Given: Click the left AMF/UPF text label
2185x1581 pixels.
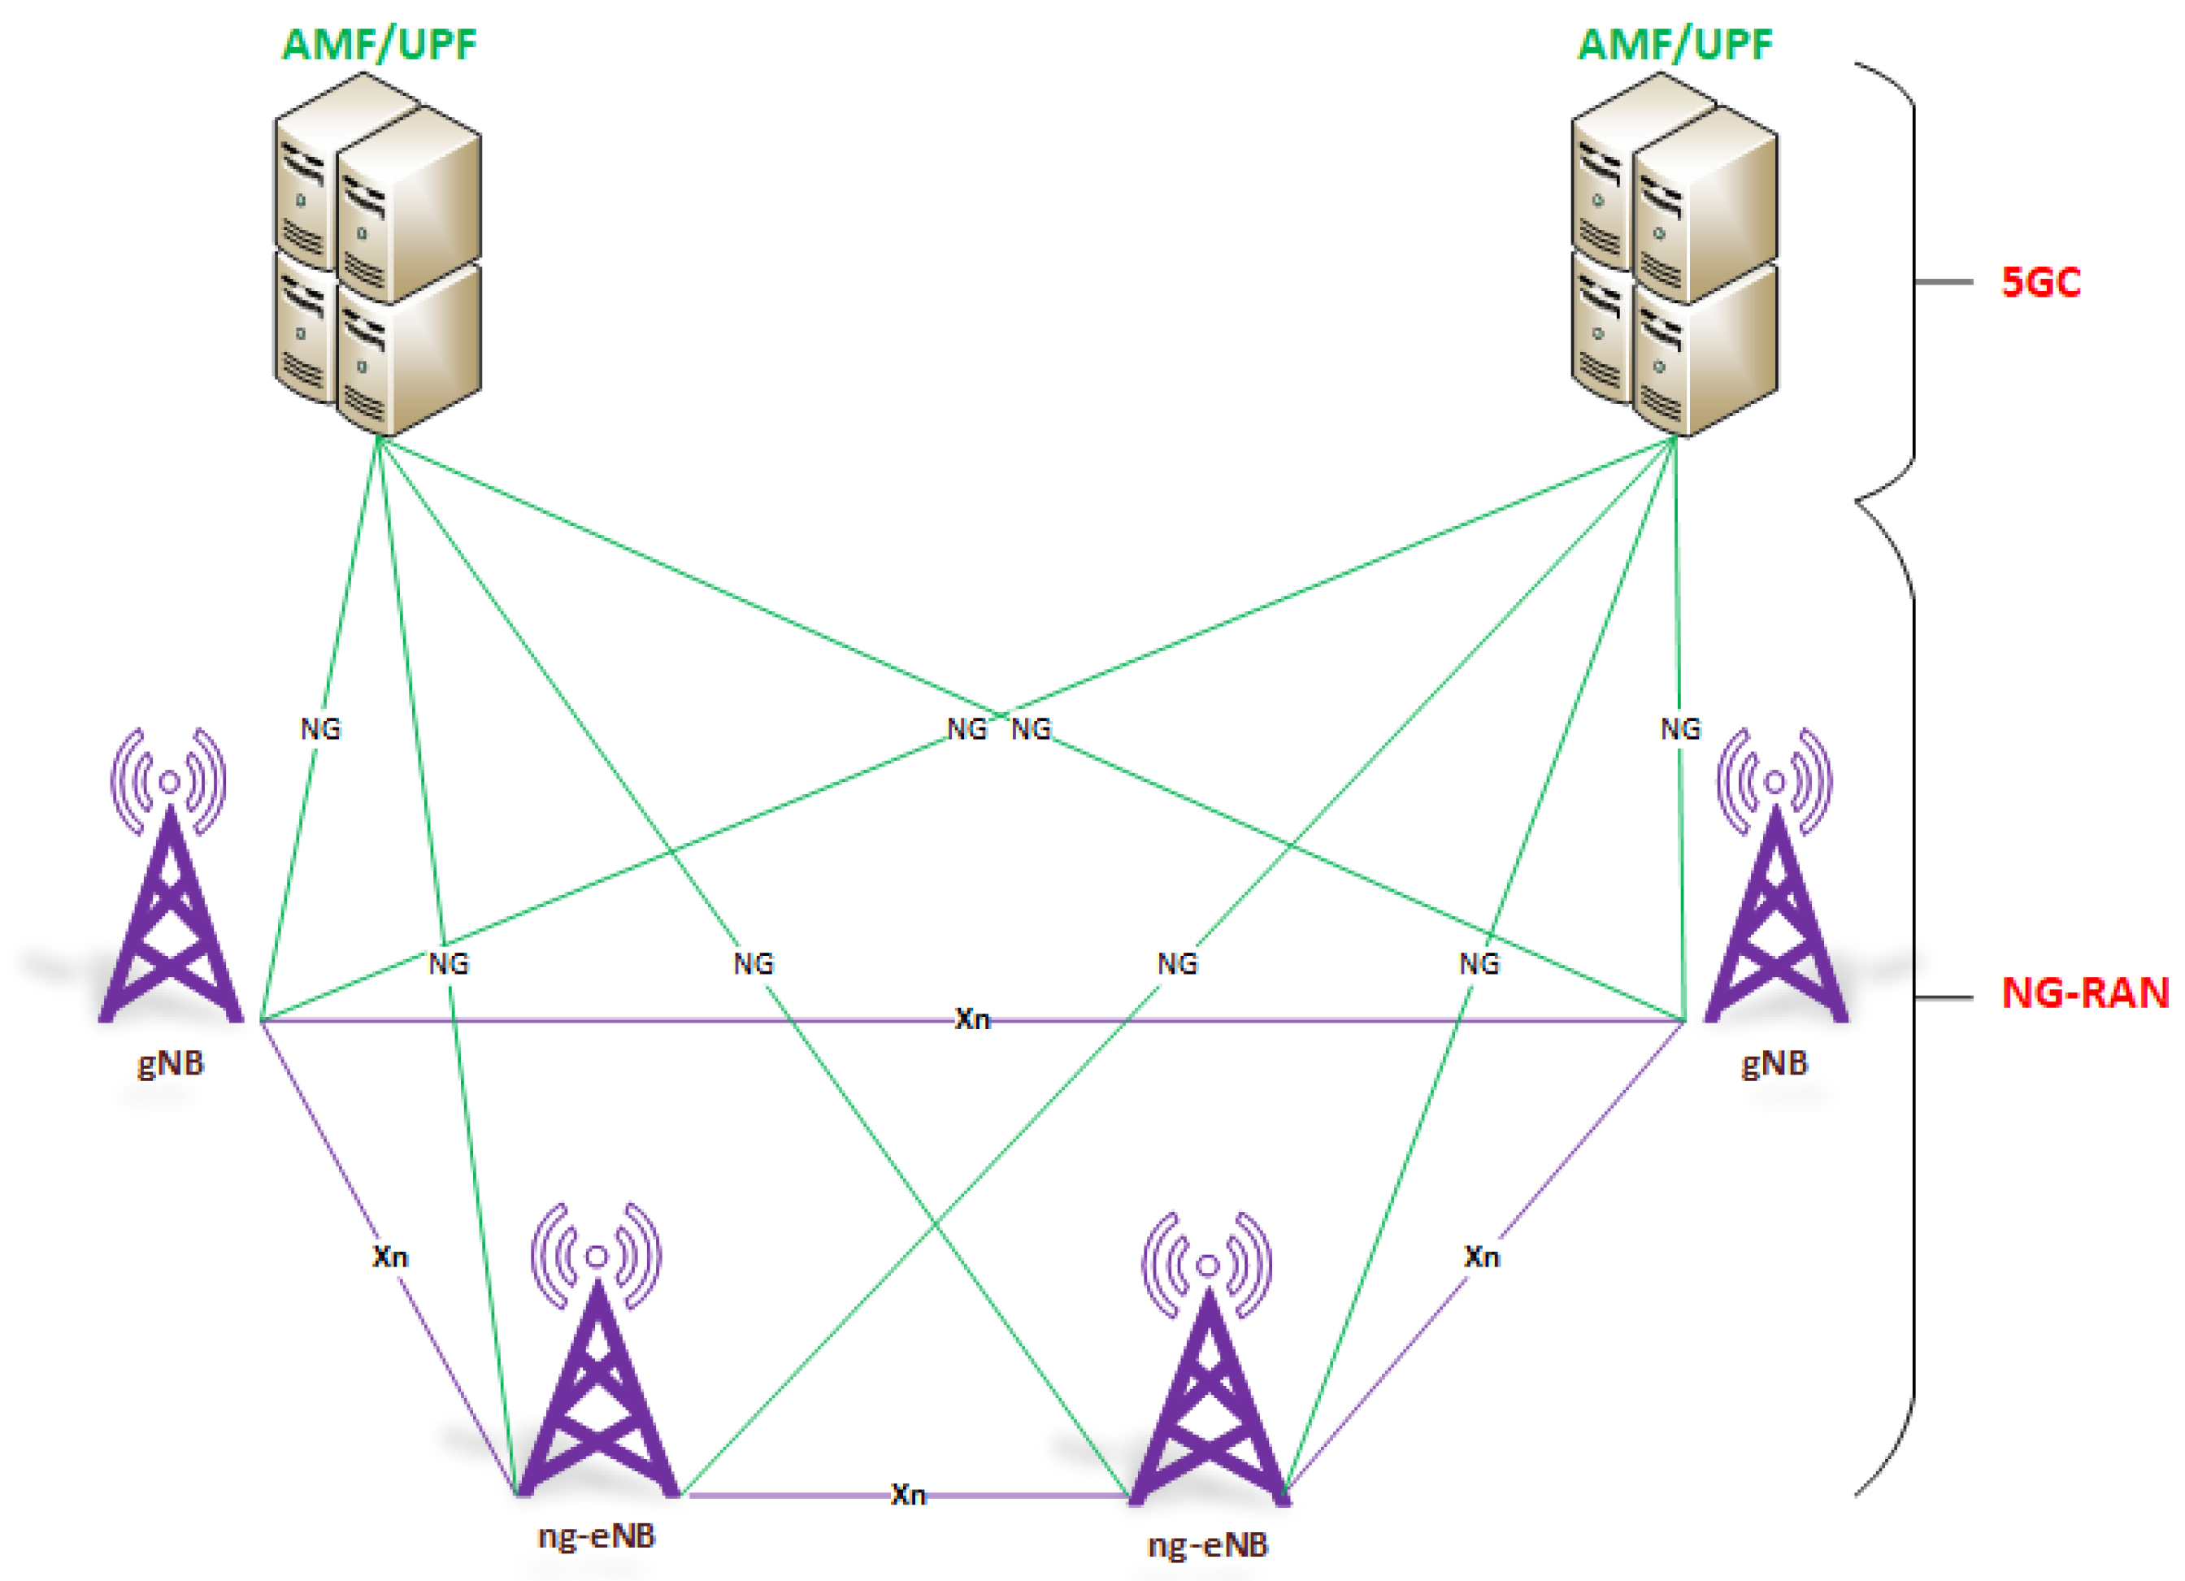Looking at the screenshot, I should (379, 45).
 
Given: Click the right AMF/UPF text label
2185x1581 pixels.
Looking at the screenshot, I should (1675, 45).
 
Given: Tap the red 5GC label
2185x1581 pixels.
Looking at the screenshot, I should (2040, 282).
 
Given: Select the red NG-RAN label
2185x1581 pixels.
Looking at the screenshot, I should (2085, 993).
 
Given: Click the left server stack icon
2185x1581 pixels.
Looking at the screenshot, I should (378, 255).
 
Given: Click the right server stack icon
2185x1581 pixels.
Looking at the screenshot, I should (1675, 255).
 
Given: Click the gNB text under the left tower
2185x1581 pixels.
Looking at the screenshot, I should (171, 1064).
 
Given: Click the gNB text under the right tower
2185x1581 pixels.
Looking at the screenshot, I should (1774, 1064).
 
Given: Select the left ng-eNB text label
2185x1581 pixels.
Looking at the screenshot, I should (597, 1535).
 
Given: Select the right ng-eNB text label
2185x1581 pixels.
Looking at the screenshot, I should (1208, 1545).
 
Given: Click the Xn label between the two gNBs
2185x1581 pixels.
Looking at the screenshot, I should (972, 1019).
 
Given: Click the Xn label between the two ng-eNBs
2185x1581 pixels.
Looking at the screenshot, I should (907, 1496).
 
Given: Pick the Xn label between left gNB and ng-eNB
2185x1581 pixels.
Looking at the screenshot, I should (390, 1257).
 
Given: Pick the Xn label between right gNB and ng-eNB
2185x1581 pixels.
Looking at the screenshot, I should (1482, 1257).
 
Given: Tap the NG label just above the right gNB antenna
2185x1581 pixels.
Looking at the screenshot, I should (1680, 729).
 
